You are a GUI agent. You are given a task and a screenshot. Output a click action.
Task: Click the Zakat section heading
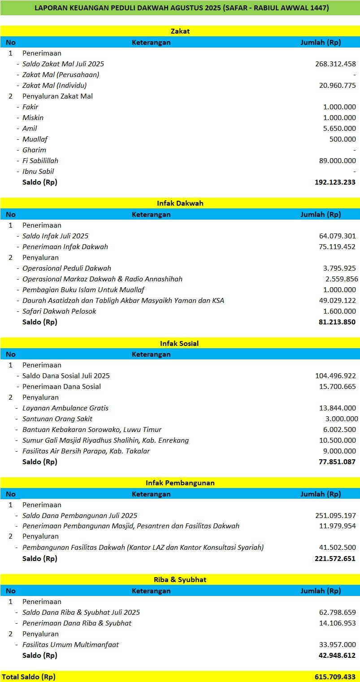[180, 31]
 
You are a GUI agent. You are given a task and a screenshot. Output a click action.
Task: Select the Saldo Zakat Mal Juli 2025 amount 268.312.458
[335, 64]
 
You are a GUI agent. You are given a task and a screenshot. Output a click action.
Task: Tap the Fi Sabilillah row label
[40, 161]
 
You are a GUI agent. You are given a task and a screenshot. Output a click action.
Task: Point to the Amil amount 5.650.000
[339, 129]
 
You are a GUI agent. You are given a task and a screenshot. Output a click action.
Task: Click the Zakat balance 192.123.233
[335, 182]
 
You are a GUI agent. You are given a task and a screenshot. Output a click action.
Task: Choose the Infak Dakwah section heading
[180, 203]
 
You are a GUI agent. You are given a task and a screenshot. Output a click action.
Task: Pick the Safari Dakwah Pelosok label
[59, 311]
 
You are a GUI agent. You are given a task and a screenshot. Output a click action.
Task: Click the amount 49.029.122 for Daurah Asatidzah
[337, 301]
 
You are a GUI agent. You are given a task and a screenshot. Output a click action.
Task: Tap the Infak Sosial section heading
[180, 344]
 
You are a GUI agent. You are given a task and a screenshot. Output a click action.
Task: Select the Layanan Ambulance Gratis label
[65, 408]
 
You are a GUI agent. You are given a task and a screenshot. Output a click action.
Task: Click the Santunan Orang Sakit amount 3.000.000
[340, 419]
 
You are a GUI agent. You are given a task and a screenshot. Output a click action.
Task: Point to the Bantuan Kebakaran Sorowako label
[92, 430]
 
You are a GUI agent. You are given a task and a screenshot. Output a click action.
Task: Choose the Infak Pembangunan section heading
[180, 483]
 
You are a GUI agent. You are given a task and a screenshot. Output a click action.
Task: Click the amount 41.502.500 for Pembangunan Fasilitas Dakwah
[337, 548]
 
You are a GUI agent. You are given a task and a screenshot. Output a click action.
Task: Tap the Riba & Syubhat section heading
[180, 580]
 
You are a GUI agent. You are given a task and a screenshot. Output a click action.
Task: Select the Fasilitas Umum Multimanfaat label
[70, 645]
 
